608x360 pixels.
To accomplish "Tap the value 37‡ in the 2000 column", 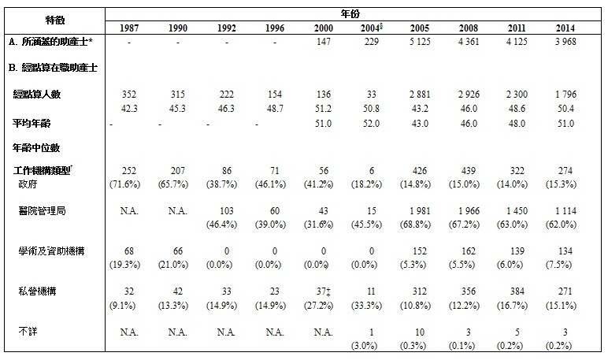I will [x=322, y=291].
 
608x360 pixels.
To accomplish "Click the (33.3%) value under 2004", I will [x=367, y=303].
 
